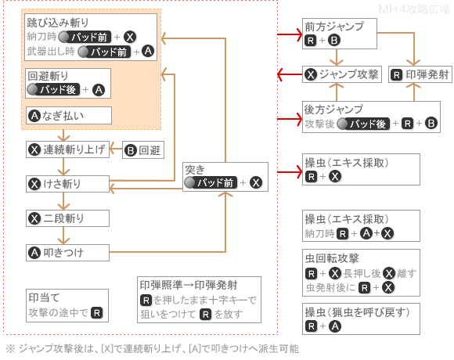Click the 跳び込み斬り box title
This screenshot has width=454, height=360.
click(58, 23)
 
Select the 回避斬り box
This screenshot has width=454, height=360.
click(68, 83)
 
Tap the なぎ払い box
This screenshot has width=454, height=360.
click(69, 116)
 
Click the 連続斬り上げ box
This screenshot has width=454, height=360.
click(67, 149)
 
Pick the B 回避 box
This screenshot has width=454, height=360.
click(143, 150)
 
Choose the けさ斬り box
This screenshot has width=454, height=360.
click(67, 184)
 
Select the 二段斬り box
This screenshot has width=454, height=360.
click(67, 218)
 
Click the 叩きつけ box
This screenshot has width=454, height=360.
click(67, 253)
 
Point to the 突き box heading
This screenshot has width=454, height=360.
click(195, 170)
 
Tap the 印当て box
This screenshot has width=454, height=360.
click(67, 305)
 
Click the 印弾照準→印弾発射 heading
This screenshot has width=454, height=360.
click(189, 285)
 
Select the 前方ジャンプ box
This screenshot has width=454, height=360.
click(340, 34)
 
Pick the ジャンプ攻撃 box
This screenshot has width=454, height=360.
click(342, 74)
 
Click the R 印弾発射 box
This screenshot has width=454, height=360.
click(420, 74)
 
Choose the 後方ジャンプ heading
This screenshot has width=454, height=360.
click(333, 110)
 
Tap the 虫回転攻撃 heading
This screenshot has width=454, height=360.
click(332, 258)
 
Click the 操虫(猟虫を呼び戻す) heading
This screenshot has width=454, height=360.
click(357, 312)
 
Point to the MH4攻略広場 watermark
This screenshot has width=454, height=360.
click(414, 9)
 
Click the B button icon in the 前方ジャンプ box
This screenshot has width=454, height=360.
click(333, 40)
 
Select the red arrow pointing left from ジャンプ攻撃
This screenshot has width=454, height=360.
click(290, 74)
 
